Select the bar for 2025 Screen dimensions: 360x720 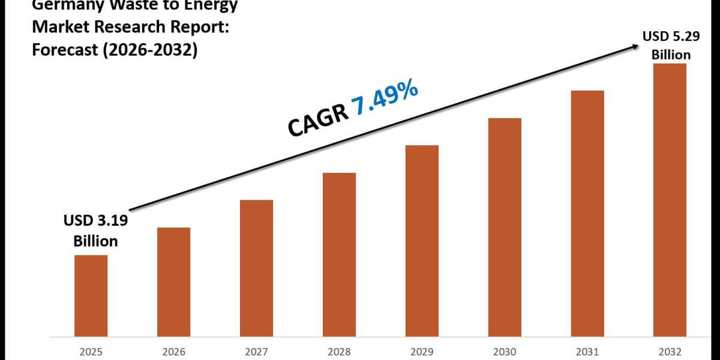point(91,295)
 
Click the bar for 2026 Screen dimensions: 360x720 point(173,281)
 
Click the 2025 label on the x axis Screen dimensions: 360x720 point(91,351)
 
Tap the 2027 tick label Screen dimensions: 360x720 point(256,351)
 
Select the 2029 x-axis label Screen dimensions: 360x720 point(422,351)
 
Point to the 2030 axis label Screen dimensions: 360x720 point(505,351)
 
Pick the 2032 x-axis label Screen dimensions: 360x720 point(670,351)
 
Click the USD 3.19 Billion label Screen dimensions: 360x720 point(95,232)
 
